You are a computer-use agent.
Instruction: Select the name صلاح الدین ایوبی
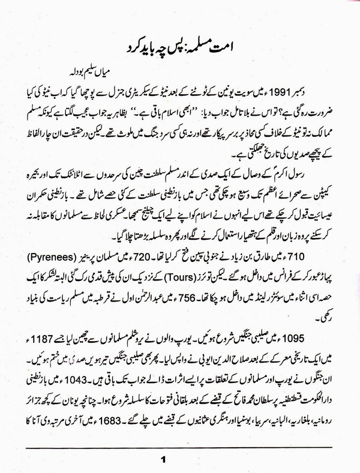point(197,353)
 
